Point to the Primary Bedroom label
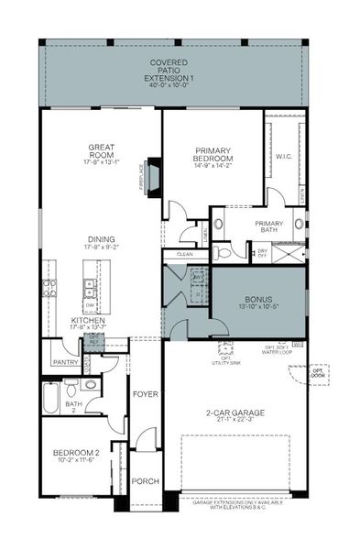click(x=215, y=155)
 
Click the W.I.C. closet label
click(x=283, y=157)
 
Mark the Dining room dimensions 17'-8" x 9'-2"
click(x=102, y=247)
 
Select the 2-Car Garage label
click(x=235, y=413)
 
